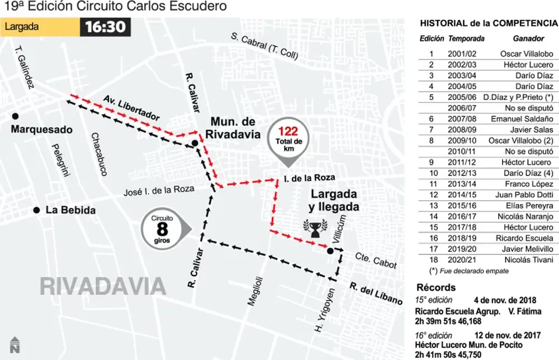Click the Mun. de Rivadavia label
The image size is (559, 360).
(x=235, y=127)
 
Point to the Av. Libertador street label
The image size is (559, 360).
(x=131, y=108)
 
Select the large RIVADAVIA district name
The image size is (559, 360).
(x=103, y=286)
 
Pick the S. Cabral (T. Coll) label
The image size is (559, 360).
(x=266, y=46)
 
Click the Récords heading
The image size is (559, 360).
(x=435, y=287)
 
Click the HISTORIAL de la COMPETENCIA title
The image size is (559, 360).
(x=488, y=23)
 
